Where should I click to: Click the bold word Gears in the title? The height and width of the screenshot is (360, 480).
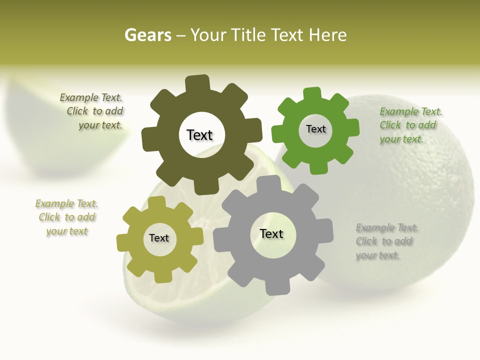point(147,35)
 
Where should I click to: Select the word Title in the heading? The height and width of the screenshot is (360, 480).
point(247,35)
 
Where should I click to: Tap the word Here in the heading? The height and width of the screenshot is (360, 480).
point(327,35)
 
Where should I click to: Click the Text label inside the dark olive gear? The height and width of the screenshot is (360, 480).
point(199,135)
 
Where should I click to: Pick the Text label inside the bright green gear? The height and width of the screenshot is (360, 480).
point(315,129)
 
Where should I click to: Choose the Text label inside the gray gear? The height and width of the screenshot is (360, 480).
point(271,233)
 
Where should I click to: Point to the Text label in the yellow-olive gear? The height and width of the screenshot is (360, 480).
point(159,238)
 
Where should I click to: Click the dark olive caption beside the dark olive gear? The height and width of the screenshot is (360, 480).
point(95,111)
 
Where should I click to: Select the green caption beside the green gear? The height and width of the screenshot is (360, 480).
point(409,125)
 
